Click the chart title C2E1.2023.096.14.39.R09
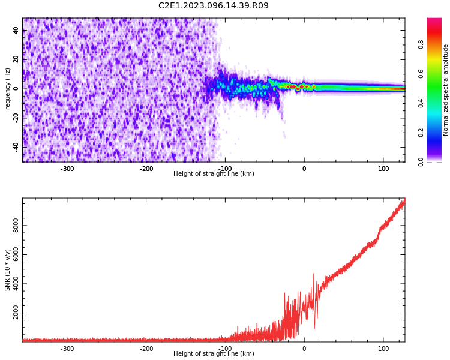tap(214, 6)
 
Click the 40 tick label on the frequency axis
tap(16, 31)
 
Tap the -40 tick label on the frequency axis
tap(16, 146)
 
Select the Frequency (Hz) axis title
tap(8, 90)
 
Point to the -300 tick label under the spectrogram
tap(67, 169)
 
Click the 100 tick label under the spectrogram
tap(383, 169)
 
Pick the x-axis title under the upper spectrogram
tap(214, 174)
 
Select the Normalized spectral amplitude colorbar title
tap(446, 90)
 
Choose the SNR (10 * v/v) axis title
tap(8, 270)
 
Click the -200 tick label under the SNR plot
tap(146, 349)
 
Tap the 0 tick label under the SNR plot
tap(304, 349)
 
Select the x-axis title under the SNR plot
tap(214, 354)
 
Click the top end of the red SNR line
tap(404, 200)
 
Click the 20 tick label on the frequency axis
tap(16, 59)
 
